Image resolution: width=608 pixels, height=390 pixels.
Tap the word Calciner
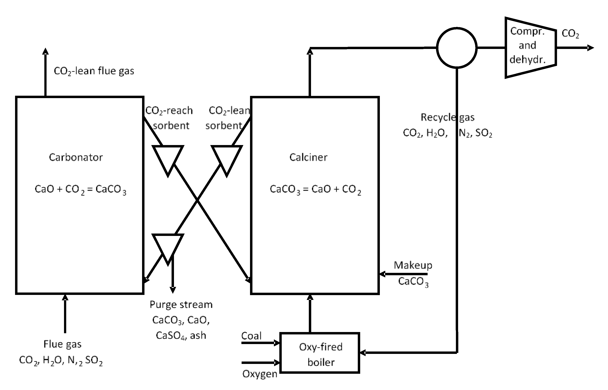click(308, 157)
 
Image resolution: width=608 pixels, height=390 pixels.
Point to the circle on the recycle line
click(457, 48)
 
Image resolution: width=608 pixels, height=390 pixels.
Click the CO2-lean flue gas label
click(94, 71)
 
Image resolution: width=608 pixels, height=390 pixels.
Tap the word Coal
click(251, 336)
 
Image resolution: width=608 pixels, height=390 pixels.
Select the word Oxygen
click(260, 374)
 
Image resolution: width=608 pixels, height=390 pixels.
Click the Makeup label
click(413, 265)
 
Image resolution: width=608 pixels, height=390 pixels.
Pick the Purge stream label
click(181, 304)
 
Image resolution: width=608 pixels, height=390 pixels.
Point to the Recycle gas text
click(447, 117)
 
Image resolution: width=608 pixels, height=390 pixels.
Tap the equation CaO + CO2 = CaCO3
click(80, 189)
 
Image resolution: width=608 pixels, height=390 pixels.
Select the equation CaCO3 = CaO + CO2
click(315, 189)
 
